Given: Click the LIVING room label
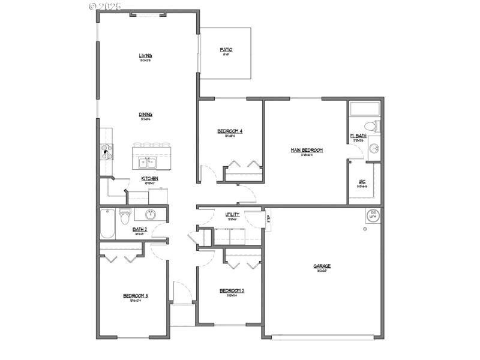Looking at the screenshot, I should coord(145,56).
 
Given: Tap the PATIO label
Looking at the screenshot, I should coord(226,50).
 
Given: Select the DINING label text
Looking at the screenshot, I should coord(145,114).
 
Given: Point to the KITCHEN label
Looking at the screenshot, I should coord(149,178).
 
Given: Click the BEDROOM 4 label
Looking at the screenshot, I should coord(230,131).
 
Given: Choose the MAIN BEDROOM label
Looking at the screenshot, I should coord(307,150).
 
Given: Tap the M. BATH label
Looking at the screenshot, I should coord(358,136).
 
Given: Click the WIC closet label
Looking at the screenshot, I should coord(362,181).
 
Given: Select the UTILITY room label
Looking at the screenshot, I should coord(233,214).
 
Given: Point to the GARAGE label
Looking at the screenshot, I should coord(322,266).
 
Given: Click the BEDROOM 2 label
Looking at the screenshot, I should coord(231,290).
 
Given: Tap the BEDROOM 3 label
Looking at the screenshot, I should coord(136,295).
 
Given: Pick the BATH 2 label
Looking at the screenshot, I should coord(140,229).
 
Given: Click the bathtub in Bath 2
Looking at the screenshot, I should coord(107,223).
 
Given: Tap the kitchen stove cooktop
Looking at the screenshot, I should coord(106,151).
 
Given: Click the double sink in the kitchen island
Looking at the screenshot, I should coord(145,162).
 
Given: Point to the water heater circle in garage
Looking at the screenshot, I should coord(372,215).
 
